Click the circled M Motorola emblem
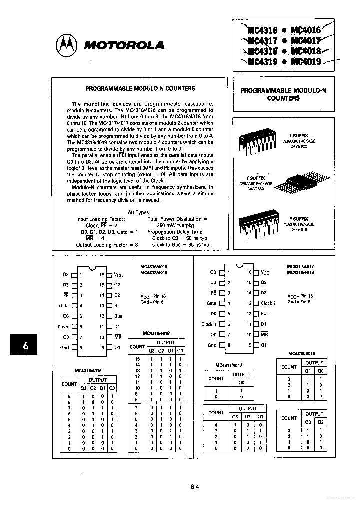66,45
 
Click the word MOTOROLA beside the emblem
124,45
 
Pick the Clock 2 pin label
268,303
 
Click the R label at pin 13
116,305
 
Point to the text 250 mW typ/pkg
174,225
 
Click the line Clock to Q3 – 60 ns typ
180,238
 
